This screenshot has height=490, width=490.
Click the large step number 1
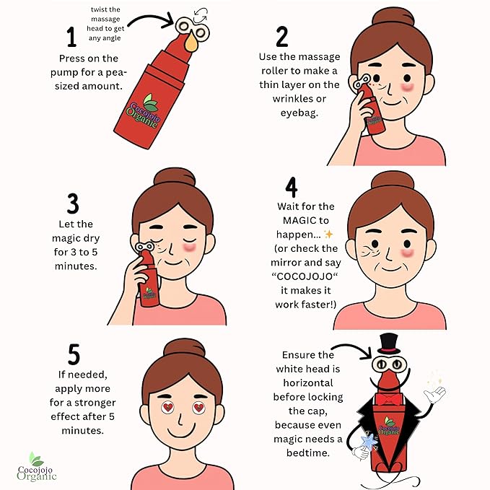(x=71, y=37)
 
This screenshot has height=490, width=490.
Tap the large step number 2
(x=282, y=37)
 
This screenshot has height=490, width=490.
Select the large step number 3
(x=73, y=204)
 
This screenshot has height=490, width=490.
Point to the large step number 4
(x=292, y=187)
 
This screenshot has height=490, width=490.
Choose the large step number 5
(x=74, y=354)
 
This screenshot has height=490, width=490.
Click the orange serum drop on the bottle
(x=191, y=42)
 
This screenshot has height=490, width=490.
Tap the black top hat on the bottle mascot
(x=389, y=344)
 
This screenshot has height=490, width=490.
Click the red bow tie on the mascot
(x=388, y=400)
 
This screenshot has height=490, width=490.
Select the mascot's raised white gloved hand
(x=434, y=395)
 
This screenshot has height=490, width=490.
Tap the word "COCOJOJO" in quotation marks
(x=305, y=276)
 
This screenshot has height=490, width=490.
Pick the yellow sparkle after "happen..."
(x=328, y=234)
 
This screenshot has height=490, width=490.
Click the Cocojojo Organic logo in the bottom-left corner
(x=37, y=467)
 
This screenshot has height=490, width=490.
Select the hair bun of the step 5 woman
(x=184, y=348)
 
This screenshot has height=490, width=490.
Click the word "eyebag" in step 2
(x=299, y=113)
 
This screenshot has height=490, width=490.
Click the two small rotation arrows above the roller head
(x=201, y=15)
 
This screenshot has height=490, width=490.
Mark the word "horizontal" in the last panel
(x=308, y=382)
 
